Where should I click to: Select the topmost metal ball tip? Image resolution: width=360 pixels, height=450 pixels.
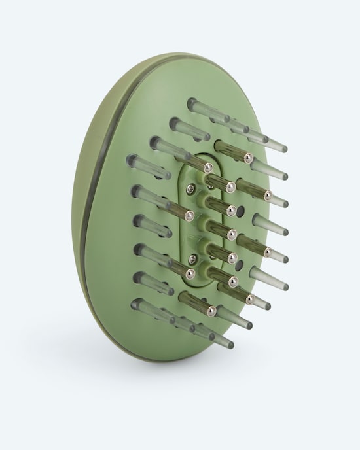[x=248, y=158]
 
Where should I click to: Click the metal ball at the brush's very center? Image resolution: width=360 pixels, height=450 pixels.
[x=231, y=234]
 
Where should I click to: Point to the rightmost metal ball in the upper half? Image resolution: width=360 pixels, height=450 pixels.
[x=268, y=195]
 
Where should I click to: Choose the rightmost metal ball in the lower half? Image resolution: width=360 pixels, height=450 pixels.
[x=268, y=251]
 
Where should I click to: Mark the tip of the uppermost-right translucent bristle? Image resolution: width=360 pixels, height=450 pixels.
[x=283, y=148]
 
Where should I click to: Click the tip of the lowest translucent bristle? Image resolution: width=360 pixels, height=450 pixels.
[x=230, y=344]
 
